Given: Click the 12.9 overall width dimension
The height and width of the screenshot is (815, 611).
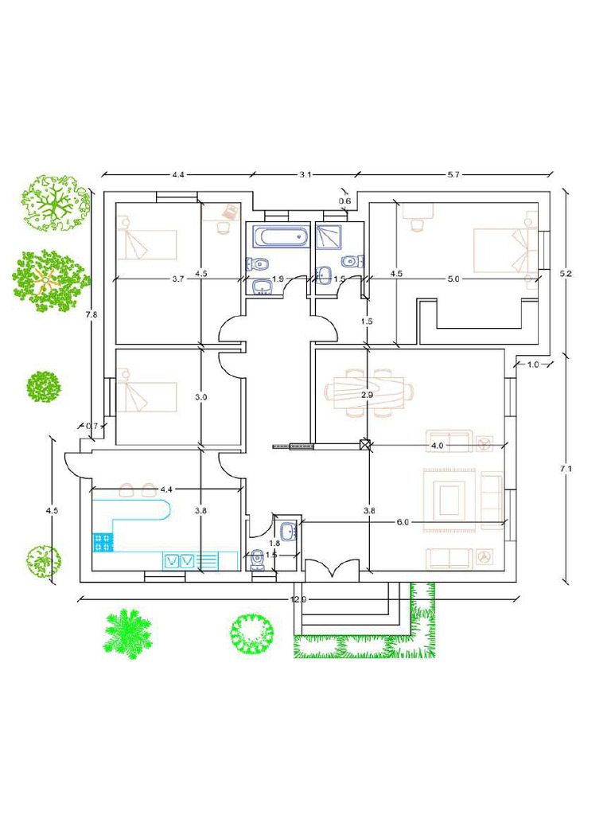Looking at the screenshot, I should tap(298, 599).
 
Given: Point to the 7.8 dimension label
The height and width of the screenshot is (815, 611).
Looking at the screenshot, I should tap(91, 314).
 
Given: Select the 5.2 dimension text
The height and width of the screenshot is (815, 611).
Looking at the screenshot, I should tap(566, 273).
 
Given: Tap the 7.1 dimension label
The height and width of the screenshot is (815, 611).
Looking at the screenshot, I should tap(566, 470).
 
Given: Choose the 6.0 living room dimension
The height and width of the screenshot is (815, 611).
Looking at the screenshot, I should tap(403, 522).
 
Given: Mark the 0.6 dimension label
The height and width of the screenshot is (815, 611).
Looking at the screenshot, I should tap(344, 201).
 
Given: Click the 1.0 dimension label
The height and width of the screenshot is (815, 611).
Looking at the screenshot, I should tap(533, 365).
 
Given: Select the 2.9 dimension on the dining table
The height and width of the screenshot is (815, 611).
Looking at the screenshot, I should tap(367, 395).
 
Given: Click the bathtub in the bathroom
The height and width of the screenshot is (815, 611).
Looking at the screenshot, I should tap(279, 236).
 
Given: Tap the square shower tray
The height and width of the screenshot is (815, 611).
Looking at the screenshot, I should tap(329, 236).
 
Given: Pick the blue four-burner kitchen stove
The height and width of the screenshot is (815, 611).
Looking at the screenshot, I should tap(102, 543).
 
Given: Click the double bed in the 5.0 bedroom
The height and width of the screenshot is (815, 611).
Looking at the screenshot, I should tap(500, 250).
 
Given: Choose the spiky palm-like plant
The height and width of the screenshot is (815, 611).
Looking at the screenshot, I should tap(127, 631).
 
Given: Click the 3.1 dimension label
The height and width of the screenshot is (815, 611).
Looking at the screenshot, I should tap(305, 174).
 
